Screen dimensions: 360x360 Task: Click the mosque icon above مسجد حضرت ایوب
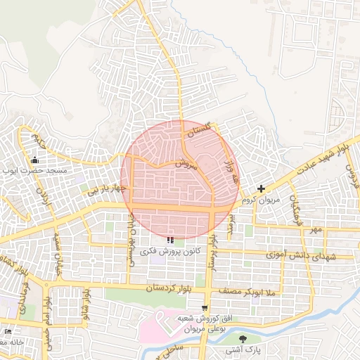point(35,160)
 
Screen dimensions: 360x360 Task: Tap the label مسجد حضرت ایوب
point(34,171)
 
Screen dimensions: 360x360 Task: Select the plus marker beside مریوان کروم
point(262,188)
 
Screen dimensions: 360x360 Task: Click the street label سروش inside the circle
point(183,164)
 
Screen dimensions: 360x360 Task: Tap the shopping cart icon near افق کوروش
point(205,307)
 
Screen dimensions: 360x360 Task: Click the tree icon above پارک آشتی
point(243,339)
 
